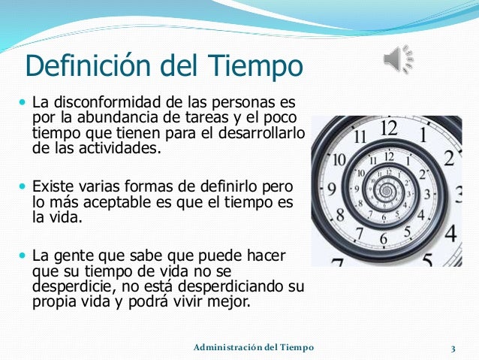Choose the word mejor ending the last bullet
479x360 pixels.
[230, 303]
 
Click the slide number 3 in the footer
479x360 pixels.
[453, 347]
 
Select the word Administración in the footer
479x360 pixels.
[225, 346]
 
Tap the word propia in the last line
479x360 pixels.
[53, 303]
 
